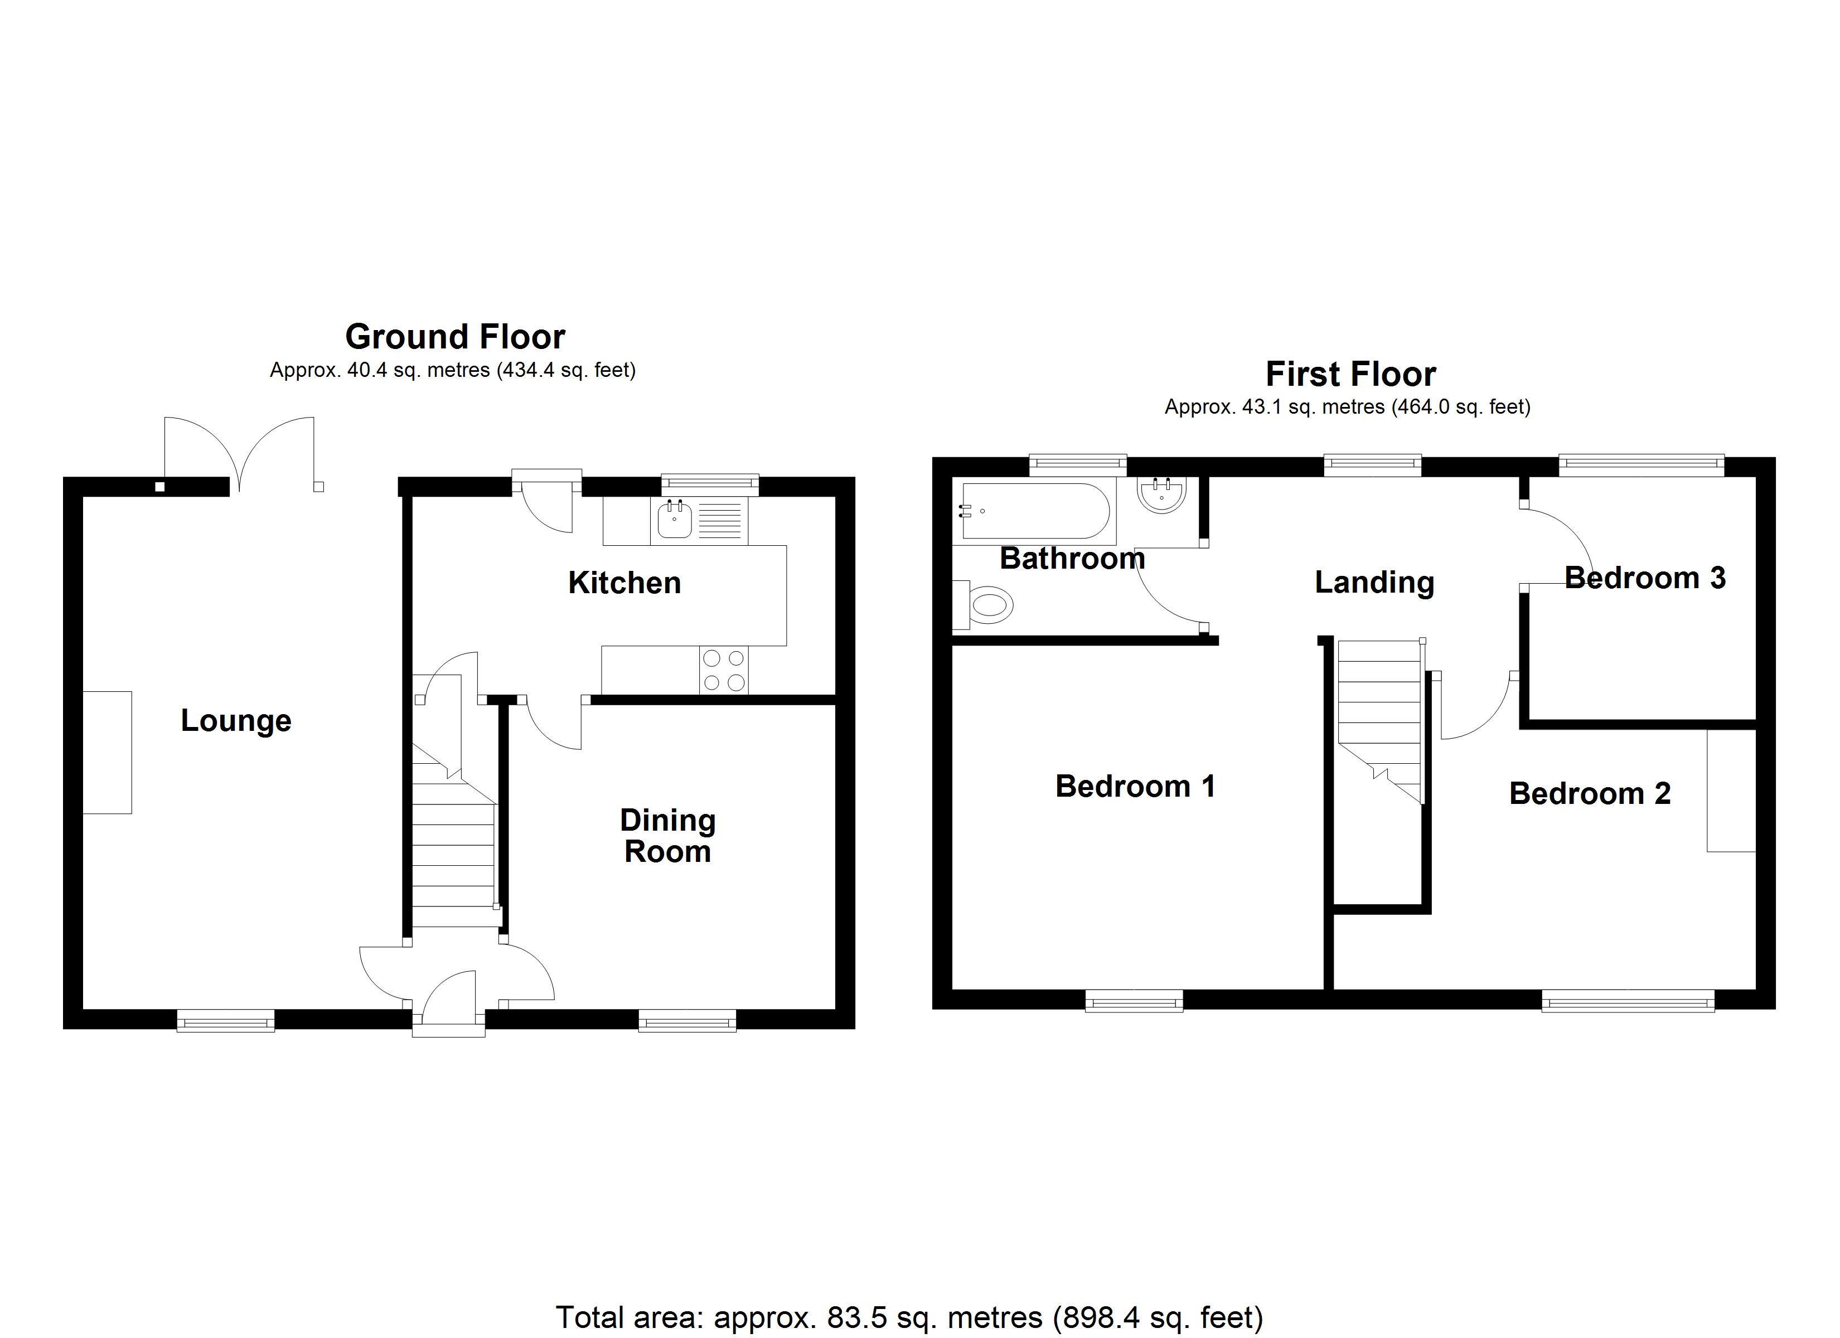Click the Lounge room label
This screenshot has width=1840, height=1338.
tap(235, 720)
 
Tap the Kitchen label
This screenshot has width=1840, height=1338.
tap(624, 583)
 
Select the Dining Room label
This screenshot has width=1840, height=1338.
tap(667, 836)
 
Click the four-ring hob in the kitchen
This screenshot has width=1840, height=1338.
tap(724, 670)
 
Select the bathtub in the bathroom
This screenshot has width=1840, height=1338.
tap(1034, 511)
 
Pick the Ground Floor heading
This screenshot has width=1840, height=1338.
tap(454, 336)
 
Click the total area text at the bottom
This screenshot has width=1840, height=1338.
tap(909, 1317)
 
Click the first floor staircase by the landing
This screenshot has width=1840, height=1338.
tap(1379, 714)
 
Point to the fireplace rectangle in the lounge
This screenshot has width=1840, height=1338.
tap(107, 752)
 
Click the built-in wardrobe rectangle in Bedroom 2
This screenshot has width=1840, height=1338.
tap(1731, 791)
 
